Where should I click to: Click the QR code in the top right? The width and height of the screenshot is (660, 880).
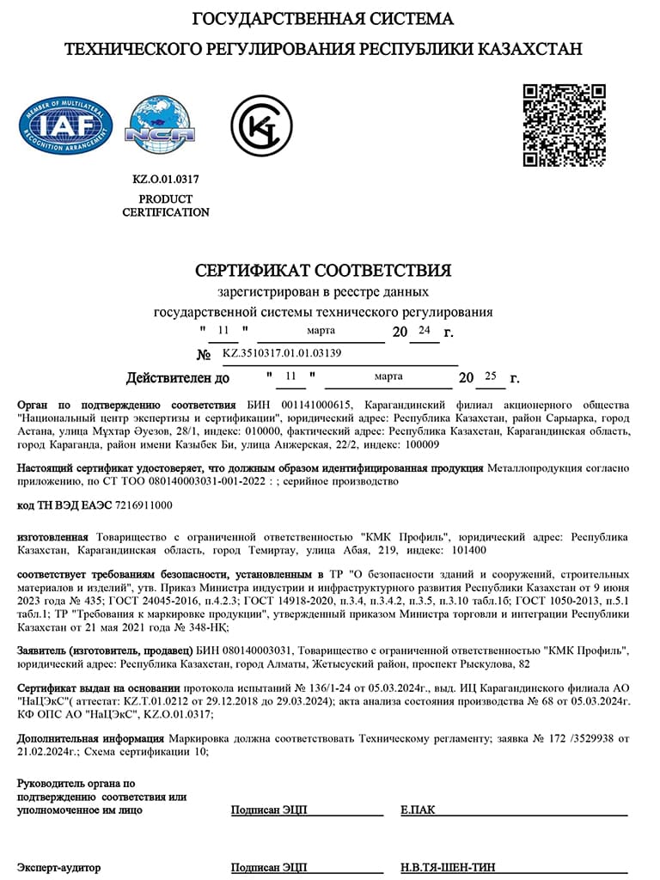click(x=565, y=125)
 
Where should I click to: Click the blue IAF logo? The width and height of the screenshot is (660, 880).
click(x=66, y=125)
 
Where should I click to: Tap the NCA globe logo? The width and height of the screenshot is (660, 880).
click(x=160, y=125)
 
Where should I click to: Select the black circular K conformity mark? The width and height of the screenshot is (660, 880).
click(x=261, y=125)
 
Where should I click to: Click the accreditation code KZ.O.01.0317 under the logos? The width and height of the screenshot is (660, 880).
click(x=165, y=180)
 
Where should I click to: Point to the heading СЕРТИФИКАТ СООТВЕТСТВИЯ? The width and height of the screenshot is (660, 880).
click(x=323, y=271)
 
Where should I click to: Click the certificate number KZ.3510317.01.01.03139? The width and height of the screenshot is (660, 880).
click(x=282, y=353)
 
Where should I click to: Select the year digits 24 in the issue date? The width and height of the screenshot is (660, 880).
click(x=423, y=330)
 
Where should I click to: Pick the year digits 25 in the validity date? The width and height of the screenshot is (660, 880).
click(x=491, y=376)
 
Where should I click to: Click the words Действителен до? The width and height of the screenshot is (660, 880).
click(x=178, y=377)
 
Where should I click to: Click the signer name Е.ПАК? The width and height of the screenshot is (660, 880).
click(x=418, y=810)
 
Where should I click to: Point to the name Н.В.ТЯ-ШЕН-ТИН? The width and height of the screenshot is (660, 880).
click(x=449, y=868)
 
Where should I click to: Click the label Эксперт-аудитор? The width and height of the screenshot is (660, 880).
click(x=58, y=868)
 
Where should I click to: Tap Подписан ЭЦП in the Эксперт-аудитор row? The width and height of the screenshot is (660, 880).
click(x=269, y=868)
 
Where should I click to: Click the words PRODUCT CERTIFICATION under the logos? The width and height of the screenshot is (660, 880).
click(x=165, y=205)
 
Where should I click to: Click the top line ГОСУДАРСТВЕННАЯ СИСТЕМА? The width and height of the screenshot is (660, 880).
click(x=323, y=19)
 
